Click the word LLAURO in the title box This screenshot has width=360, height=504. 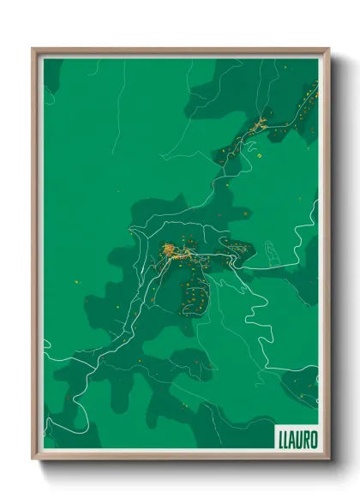coord(297,439)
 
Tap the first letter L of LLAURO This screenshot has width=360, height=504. coord(281,439)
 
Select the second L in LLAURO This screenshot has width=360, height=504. coord(287,439)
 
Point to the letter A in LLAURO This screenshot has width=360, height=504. coord(294,439)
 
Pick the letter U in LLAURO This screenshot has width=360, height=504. coord(301,439)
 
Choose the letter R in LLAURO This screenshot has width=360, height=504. coord(308,439)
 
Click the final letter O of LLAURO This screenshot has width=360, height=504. coord(315,439)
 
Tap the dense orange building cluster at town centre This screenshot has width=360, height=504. coord(170,251)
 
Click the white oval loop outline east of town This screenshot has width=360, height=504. coord(272,251)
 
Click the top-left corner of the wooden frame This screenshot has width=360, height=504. coord(33,49)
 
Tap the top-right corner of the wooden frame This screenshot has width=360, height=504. coord(328,49)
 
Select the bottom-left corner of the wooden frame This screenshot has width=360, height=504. coord(33,459)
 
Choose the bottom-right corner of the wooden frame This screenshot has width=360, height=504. coord(328,459)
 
